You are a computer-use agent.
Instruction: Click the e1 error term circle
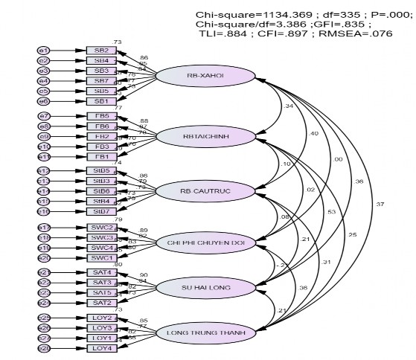click(44, 50)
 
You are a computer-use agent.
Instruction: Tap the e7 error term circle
click(44, 117)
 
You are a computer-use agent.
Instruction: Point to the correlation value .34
click(288, 106)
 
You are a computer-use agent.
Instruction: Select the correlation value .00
click(319, 159)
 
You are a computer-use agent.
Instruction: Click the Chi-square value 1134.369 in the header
click(272, 15)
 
